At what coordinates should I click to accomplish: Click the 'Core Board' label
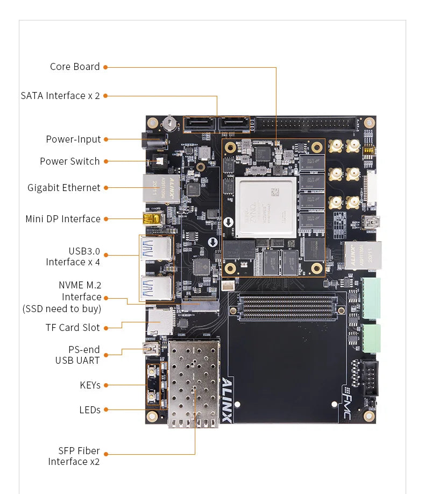[x=75, y=67]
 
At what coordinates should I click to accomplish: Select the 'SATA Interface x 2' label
[x=60, y=96]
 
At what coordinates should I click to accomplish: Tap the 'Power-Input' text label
[x=73, y=139]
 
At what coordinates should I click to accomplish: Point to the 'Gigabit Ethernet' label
[x=64, y=188]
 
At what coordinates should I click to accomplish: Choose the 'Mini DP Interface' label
[x=63, y=219]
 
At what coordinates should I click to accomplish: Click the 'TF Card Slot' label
[x=73, y=328]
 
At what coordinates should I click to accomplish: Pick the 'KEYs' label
[x=90, y=385]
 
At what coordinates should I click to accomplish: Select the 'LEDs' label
[x=90, y=410]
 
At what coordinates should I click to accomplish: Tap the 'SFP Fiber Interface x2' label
[x=74, y=456]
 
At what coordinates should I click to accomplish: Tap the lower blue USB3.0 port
[x=156, y=287]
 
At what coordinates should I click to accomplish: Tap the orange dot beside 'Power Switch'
[x=106, y=161]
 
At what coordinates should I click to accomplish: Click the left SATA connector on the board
[x=200, y=125]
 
